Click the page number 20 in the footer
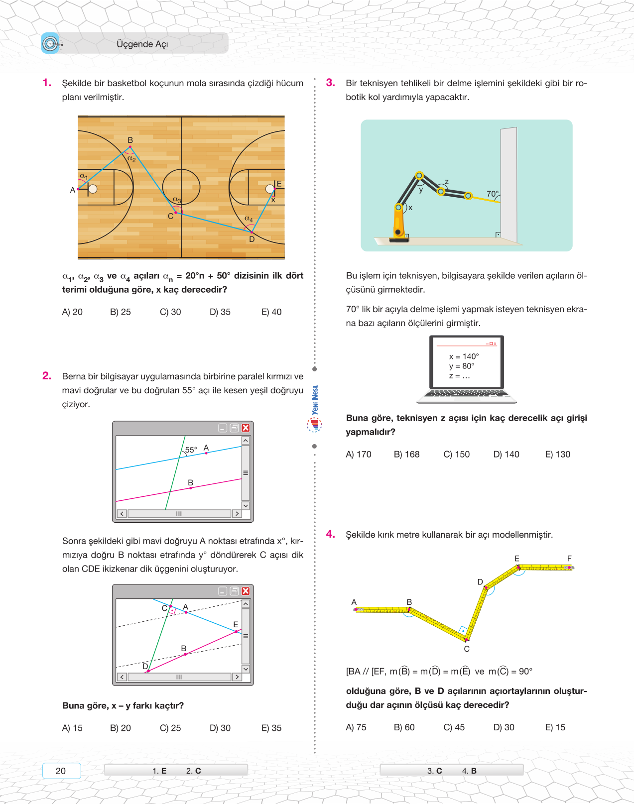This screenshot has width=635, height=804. click(x=61, y=771)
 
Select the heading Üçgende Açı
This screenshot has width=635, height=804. click(x=142, y=44)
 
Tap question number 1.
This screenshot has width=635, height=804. click(x=47, y=83)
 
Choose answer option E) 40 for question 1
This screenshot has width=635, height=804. click(x=271, y=312)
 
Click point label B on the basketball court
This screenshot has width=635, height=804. click(x=130, y=140)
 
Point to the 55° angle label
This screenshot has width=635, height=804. click(x=191, y=450)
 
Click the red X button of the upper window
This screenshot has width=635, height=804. click(x=246, y=428)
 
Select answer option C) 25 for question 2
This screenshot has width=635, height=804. click(x=170, y=728)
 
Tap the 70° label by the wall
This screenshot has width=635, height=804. click(x=492, y=194)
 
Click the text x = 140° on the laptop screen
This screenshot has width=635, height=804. click(x=464, y=356)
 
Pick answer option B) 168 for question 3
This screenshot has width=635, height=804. click(x=406, y=455)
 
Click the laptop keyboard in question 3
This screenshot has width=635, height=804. click(x=467, y=394)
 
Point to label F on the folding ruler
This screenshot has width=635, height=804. click(x=569, y=559)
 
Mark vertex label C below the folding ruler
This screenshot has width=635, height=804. click(x=467, y=649)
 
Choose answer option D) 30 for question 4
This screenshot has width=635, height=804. click(x=504, y=727)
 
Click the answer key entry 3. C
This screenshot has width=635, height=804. click(x=434, y=771)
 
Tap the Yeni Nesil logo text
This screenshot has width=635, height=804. click(x=315, y=400)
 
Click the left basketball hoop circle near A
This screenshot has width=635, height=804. click(x=93, y=189)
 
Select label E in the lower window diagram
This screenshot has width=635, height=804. click(x=236, y=624)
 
